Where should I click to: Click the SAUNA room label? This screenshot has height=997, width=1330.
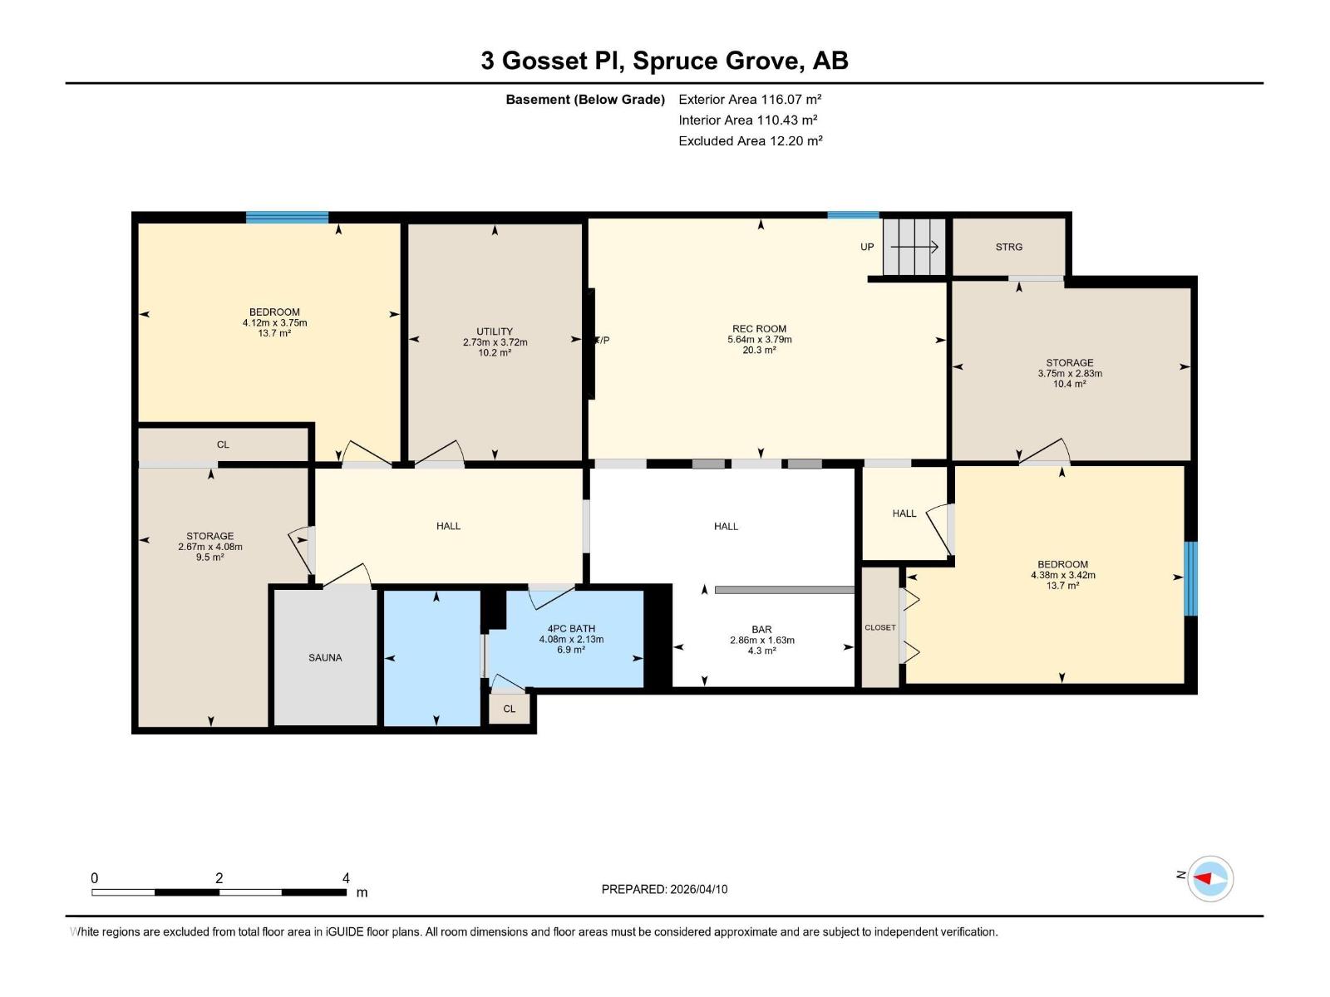coord(325,657)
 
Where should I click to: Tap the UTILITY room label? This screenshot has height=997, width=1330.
coord(495,332)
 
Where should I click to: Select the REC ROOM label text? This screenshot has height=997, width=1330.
coord(759,329)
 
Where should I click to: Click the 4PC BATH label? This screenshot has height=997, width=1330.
coord(571,629)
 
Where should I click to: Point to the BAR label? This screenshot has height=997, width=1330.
coord(761,630)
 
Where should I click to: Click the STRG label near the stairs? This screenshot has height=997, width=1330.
coord(1008,247)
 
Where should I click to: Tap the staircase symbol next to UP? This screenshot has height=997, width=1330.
coord(914,247)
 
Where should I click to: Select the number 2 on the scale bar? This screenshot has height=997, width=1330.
coord(219,878)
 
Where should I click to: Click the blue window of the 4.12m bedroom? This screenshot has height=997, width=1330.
coord(287,218)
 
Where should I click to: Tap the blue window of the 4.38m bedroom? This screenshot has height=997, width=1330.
coord(1190,578)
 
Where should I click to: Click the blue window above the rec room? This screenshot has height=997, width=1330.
coord(852,215)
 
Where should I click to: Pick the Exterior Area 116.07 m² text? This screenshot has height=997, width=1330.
coord(750,99)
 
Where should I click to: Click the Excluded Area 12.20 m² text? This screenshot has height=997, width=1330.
coord(750,141)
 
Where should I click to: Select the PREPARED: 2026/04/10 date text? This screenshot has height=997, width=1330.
coord(664,889)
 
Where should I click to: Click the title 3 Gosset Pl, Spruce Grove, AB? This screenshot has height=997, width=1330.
coord(664,61)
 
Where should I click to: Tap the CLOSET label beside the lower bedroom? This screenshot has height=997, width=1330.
coord(879,627)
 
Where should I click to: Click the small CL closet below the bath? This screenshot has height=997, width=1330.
coord(510,709)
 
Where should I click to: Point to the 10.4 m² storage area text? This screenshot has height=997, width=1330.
coord(1069,384)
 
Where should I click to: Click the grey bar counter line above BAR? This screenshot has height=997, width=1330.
coord(784,590)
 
